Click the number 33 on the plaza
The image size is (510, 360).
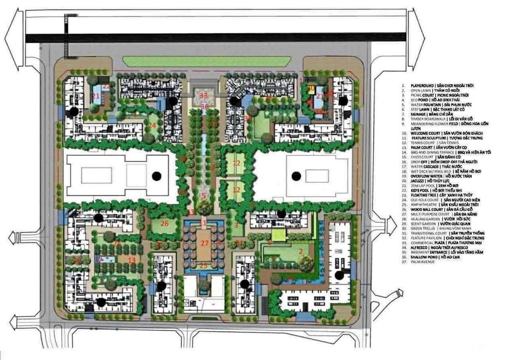(203, 95)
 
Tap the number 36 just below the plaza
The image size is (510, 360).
(204, 107)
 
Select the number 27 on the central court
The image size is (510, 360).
(204, 243)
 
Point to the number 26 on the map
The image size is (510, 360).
(165, 224)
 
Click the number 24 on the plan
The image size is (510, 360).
(152, 125)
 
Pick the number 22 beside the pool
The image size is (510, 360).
(106, 87)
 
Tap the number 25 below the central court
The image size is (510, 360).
(204, 265)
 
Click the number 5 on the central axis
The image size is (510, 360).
(203, 196)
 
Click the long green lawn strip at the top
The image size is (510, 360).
(207, 61)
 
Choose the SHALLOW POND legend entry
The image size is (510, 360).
(422, 257)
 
